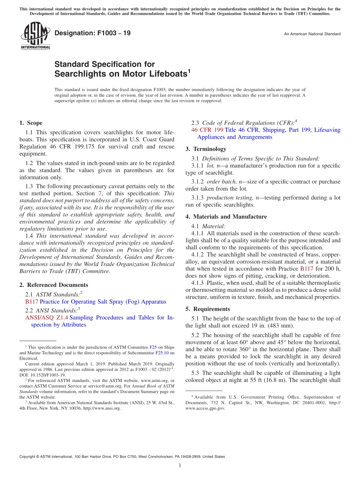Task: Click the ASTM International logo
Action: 35,35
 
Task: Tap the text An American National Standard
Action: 312,34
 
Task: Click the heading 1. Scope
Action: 31,123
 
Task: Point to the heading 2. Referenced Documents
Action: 53,285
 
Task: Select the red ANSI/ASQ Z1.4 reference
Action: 46,318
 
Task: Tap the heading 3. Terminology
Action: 206,149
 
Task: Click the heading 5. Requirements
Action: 208,309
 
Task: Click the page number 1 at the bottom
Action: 180,465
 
